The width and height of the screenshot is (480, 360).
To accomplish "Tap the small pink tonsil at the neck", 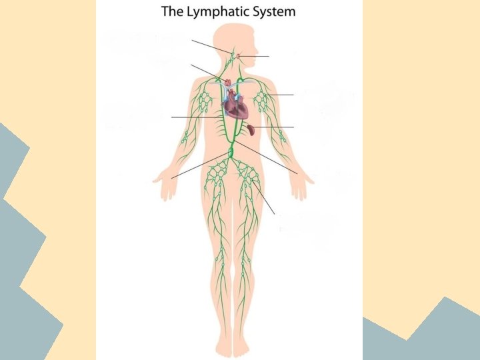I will coord(239,56).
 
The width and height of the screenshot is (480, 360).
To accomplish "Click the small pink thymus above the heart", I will coord(227,82).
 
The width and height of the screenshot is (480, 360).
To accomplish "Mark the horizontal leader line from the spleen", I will coord(273,127).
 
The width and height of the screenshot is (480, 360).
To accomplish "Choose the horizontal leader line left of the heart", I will coord(193,117).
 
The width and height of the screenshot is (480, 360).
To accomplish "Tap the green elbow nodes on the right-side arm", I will coord(282,137).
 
